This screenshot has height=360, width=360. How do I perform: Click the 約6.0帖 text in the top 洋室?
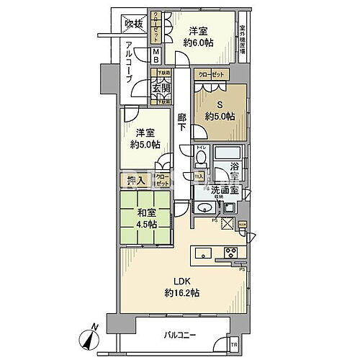point(199,42)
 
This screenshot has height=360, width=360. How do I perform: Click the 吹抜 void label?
point(134,23)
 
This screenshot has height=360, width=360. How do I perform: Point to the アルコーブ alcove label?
point(127,64)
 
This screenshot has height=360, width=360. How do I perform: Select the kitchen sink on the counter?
point(202,253)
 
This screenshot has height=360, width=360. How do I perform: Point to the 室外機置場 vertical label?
point(243,37)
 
